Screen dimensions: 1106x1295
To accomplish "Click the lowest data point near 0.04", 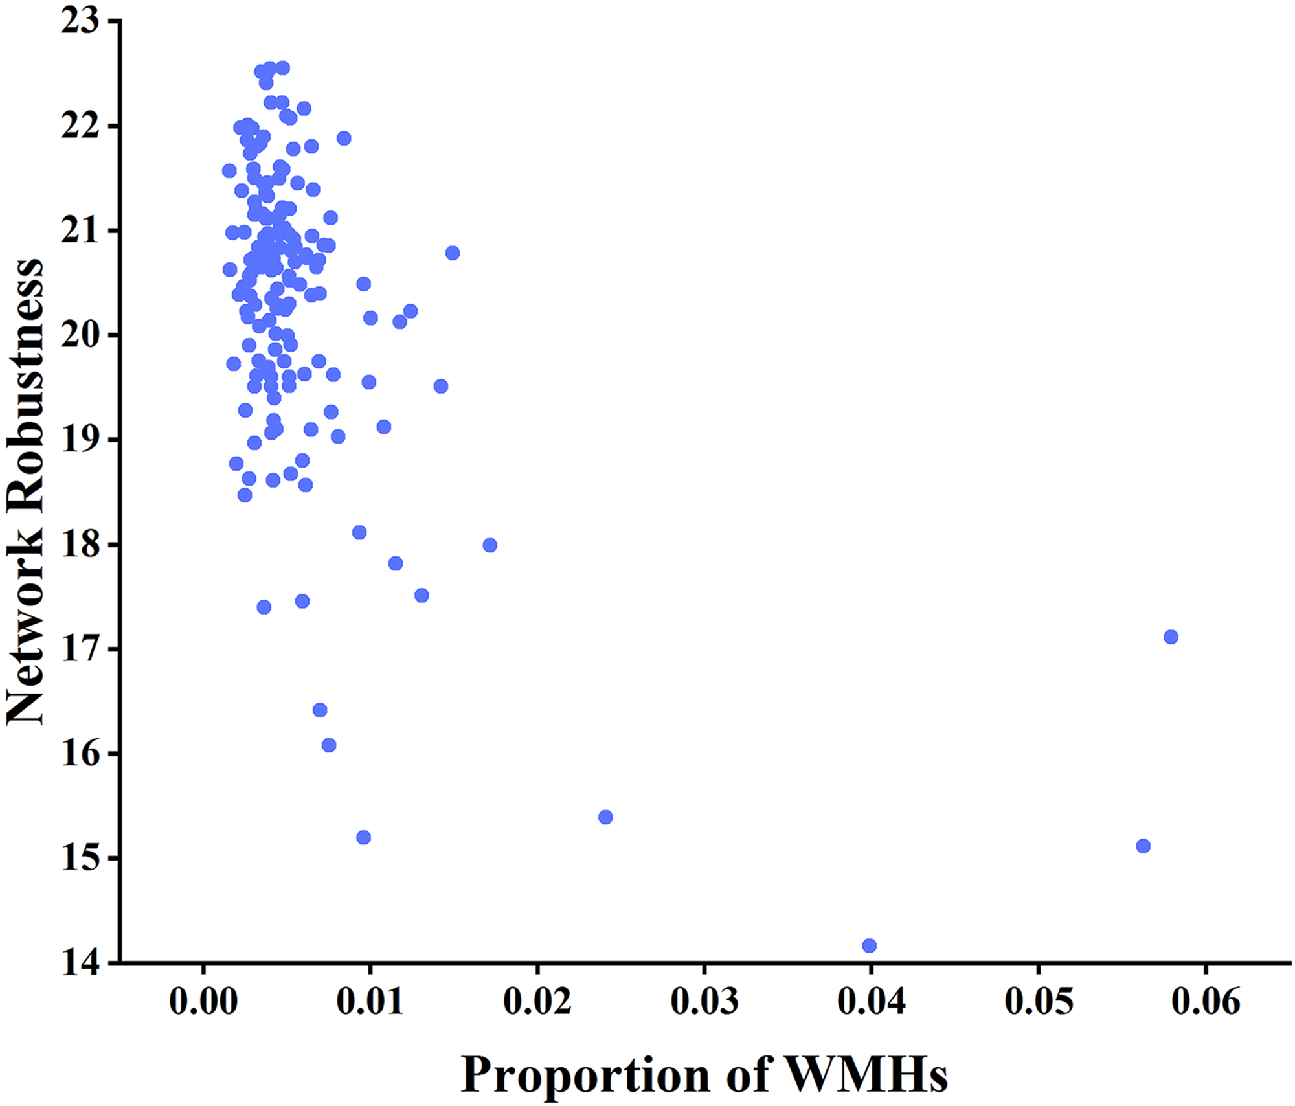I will click(869, 945).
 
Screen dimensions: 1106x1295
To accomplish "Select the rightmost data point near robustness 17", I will click(1171, 637).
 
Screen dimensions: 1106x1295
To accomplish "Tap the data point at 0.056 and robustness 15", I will click(1143, 846).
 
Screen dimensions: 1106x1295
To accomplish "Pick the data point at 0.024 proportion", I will click(605, 817).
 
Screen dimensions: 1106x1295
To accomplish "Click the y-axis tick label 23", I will click(80, 21).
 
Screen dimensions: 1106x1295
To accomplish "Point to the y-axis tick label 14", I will click(80, 963).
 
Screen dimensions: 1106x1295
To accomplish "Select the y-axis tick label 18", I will click(80, 545).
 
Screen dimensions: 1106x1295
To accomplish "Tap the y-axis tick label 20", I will click(80, 335).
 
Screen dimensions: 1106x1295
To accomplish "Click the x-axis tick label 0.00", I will click(203, 1002).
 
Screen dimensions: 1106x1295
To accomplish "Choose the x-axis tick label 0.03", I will click(704, 1002).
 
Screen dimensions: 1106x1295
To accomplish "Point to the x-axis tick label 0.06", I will click(1205, 1002).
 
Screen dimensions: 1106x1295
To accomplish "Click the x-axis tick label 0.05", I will click(1038, 1002).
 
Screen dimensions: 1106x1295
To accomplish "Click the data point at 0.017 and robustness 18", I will click(490, 545).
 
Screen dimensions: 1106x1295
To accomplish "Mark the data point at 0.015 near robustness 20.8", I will click(453, 253).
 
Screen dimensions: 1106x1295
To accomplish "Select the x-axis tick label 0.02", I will click(537, 1002).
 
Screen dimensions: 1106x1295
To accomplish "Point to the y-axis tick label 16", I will click(80, 754).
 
